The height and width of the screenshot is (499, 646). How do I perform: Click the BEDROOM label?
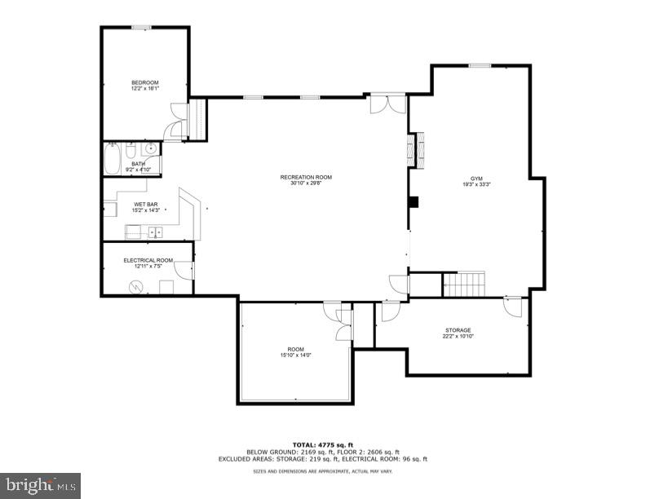click(x=144, y=82)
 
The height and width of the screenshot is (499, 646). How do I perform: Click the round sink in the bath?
click(x=150, y=149)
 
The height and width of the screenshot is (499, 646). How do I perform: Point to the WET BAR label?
click(x=145, y=205)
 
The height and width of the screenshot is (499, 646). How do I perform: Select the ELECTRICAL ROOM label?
click(x=147, y=260)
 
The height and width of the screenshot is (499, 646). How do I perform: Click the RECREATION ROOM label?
click(x=306, y=177)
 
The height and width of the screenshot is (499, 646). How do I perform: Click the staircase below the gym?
click(x=463, y=285)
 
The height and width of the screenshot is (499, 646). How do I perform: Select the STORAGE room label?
click(x=457, y=330)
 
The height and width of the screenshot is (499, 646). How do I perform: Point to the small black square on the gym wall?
click(x=413, y=201)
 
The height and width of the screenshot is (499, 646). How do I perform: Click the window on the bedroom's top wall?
click(x=141, y=28)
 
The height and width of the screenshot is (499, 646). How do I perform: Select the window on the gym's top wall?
click(x=480, y=65)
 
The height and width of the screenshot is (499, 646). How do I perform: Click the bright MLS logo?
click(x=40, y=484)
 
